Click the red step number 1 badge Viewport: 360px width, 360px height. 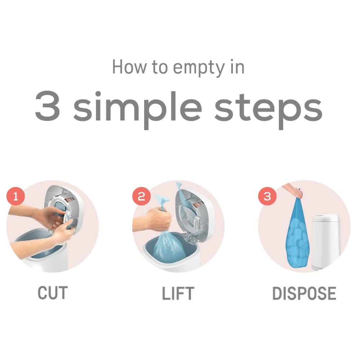[x=15, y=197]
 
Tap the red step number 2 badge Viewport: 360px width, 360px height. [x=141, y=197]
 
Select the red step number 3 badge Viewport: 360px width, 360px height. [x=267, y=197]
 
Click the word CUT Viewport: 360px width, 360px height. [x=53, y=293]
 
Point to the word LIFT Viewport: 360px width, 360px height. [x=178, y=293]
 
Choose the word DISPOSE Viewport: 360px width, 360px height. [x=304, y=293]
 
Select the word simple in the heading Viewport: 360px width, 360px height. [x=137, y=108]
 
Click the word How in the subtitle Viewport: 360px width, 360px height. [x=129, y=67]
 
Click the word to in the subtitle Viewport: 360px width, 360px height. [x=159, y=67]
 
